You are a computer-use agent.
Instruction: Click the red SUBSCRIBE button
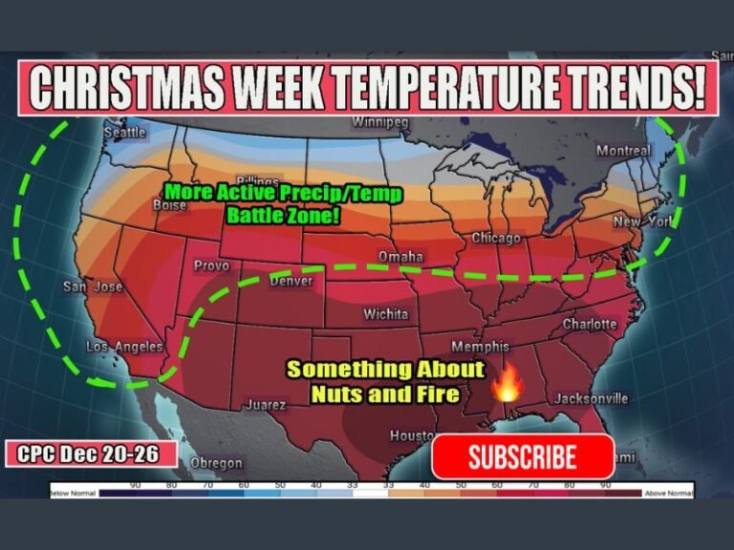(x=522, y=456)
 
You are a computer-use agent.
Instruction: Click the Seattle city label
(x=124, y=132)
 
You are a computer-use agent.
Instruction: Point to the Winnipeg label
(x=379, y=122)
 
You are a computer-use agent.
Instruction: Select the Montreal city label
(x=623, y=151)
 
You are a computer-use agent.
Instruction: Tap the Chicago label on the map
(x=496, y=238)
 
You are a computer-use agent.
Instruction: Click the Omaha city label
(x=400, y=257)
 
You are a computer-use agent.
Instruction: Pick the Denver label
(x=291, y=281)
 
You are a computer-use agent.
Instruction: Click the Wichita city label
(x=385, y=313)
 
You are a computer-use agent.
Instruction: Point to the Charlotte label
(x=590, y=324)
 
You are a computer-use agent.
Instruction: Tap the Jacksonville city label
(x=590, y=398)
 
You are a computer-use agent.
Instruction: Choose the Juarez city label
(x=266, y=404)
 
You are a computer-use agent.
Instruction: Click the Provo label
(x=211, y=265)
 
